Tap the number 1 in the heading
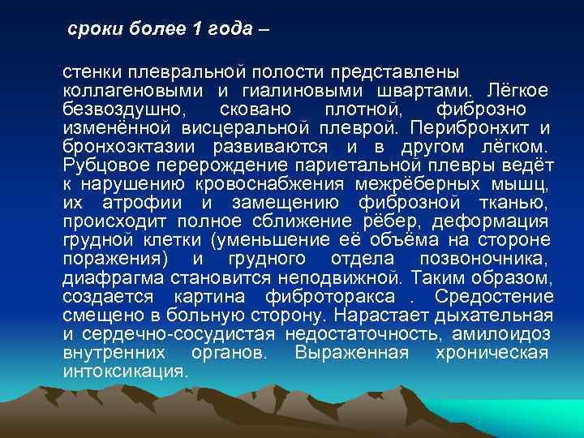tap(199, 30)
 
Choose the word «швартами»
tap(435, 90)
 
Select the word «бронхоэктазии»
tap(130, 147)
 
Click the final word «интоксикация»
tap(125, 371)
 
